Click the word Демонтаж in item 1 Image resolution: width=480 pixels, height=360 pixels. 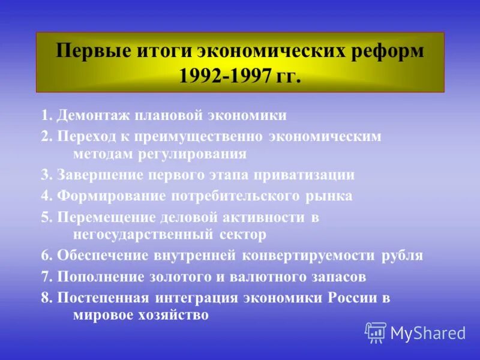94,115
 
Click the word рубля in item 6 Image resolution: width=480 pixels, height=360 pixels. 402,256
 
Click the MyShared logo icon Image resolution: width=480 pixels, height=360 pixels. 375,332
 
